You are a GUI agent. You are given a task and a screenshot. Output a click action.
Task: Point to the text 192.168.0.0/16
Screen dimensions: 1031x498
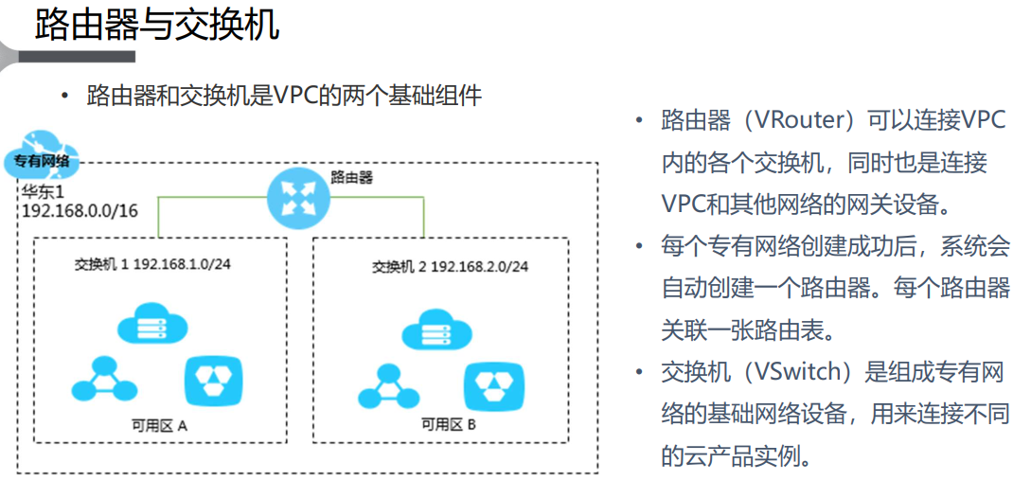80,210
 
